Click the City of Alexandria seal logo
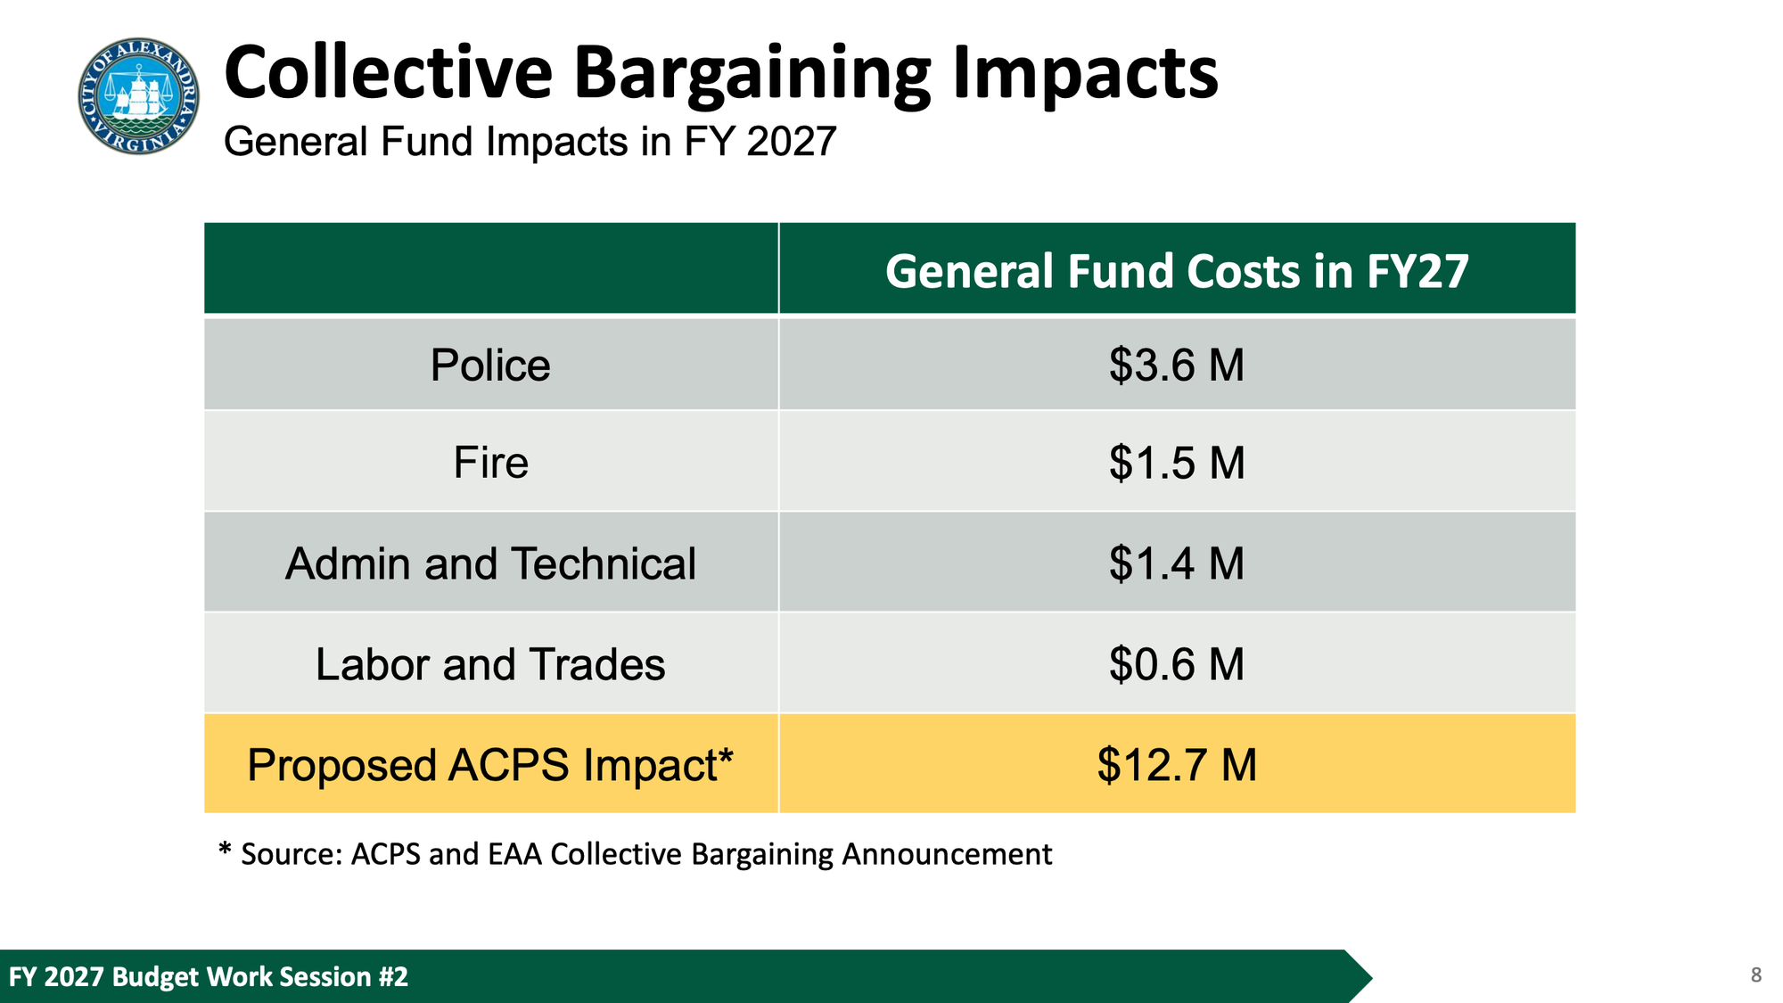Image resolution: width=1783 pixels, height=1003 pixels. pyautogui.click(x=138, y=95)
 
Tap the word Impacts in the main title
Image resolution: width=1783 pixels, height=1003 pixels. pyautogui.click(x=1084, y=74)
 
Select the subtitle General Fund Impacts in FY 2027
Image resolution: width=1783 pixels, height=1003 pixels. pyautogui.click(x=530, y=142)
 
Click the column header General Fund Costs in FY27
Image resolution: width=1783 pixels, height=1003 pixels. pyautogui.click(x=1176, y=271)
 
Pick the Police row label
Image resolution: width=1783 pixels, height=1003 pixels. pyautogui.click(x=490, y=366)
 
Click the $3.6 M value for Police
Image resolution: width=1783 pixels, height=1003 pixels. pyautogui.click(x=1176, y=366)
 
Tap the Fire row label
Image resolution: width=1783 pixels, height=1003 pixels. pyautogui.click(x=490, y=463)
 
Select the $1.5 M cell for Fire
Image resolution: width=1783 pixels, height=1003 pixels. pyautogui.click(x=1176, y=463)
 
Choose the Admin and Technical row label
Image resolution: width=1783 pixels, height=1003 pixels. pyautogui.click(x=490, y=564)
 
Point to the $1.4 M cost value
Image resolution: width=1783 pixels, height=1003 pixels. pyautogui.click(x=1176, y=564)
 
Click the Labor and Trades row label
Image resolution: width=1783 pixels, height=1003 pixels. pyautogui.click(x=490, y=665)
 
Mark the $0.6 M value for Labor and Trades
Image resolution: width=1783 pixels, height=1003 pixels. pyautogui.click(x=1176, y=665)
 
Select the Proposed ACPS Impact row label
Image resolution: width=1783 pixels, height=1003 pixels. pyautogui.click(x=490, y=765)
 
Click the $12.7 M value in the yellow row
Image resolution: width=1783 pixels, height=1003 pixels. pyautogui.click(x=1176, y=765)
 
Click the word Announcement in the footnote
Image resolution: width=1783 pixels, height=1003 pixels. pyautogui.click(x=947, y=854)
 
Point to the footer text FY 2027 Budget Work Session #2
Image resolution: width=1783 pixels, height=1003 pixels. pyautogui.click(x=209, y=976)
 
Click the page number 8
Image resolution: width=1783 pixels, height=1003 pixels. pyautogui.click(x=1755, y=975)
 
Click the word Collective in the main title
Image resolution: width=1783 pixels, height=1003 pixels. pyautogui.click(x=389, y=74)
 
